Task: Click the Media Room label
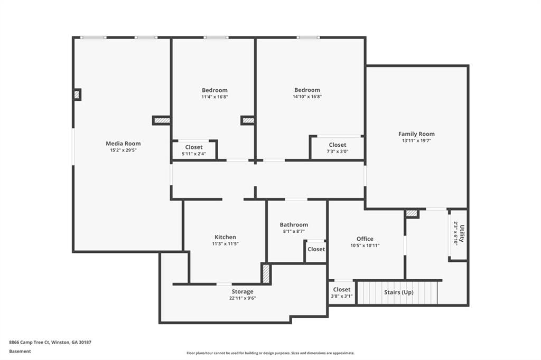tap(123, 144)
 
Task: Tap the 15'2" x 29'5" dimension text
tap(123, 150)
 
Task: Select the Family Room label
tap(416, 134)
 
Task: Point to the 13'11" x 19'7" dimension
tap(416, 141)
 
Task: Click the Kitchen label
tap(225, 237)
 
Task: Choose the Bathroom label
tap(294, 225)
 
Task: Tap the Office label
tap(365, 239)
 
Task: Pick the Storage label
tap(242, 291)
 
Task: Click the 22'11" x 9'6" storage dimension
tap(242, 298)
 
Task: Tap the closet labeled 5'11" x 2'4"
tap(194, 150)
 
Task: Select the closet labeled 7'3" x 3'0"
tap(338, 148)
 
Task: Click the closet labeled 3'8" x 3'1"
tap(341, 292)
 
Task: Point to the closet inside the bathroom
tap(316, 249)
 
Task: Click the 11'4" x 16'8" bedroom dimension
tap(214, 97)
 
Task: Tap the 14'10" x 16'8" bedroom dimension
tap(307, 97)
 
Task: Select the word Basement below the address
tap(20, 351)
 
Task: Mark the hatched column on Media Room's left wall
tap(77, 94)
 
